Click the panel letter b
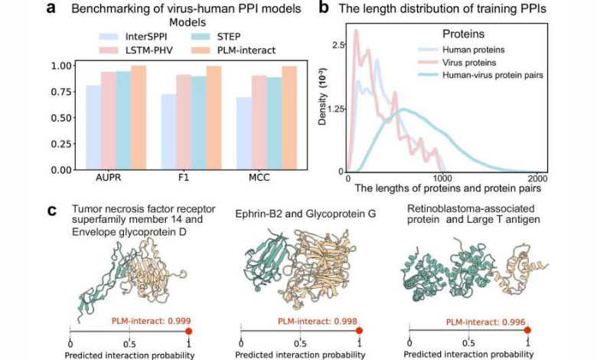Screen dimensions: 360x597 point(324,8)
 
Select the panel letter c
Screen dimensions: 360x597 point(52,209)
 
